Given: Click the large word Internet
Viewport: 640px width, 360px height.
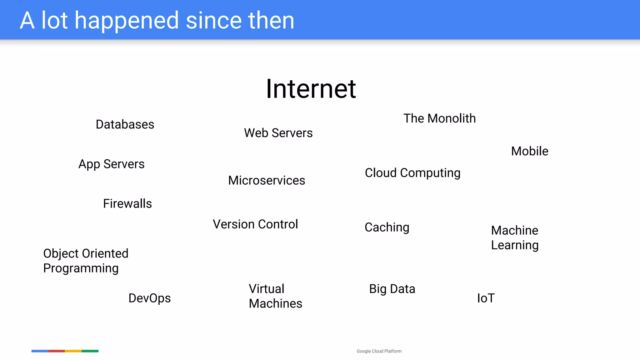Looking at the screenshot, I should click(311, 89).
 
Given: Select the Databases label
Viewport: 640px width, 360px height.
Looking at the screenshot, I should click(125, 124).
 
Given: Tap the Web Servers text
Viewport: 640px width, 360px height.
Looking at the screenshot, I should click(278, 133).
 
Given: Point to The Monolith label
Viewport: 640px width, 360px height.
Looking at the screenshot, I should click(439, 119).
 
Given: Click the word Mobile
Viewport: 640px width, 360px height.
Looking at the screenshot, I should click(530, 151).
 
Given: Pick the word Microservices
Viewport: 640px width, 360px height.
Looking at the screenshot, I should click(267, 181).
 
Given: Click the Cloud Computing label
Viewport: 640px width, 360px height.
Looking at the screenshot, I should click(412, 173).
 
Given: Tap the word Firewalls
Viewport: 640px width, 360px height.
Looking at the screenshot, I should click(127, 204).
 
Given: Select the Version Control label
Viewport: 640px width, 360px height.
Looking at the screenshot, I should click(255, 224).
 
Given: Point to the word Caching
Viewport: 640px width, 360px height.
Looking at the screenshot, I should click(387, 227).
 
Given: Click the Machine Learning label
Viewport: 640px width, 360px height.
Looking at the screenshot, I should click(515, 238).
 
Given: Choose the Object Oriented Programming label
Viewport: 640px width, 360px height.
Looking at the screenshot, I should click(86, 261).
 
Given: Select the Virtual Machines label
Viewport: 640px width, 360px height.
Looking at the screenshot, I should click(275, 296).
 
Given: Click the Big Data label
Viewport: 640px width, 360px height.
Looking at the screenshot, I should click(392, 289).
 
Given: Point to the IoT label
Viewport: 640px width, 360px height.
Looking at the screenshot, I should click(486, 298).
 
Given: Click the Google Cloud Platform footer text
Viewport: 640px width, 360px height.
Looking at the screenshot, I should click(379, 351).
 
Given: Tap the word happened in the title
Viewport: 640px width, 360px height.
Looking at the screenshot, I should click(127, 21).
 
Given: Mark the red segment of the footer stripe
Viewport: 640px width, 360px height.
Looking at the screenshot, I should click(57, 351).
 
